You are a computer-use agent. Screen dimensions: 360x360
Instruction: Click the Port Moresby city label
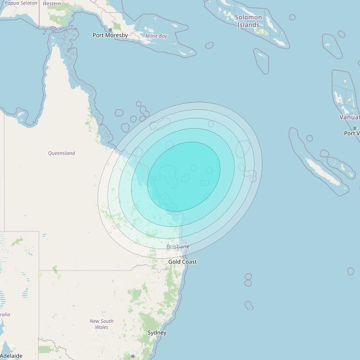[x=110, y=35]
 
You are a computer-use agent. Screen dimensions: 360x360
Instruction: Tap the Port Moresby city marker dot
[x=110, y=30]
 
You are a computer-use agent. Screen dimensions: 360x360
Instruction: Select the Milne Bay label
[x=156, y=36]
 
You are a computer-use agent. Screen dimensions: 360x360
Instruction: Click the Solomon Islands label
[x=249, y=21]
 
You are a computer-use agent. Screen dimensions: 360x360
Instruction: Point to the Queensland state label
[x=62, y=153]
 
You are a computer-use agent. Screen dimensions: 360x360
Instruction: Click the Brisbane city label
[x=178, y=247]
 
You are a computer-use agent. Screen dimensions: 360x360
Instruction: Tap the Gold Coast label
[x=183, y=262]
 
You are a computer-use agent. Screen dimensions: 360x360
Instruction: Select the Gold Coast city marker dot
[x=183, y=257]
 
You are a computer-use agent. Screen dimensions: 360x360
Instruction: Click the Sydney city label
[x=157, y=333]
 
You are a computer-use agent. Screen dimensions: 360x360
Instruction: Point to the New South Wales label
[x=102, y=324]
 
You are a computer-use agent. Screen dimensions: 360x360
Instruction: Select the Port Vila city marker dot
[x=355, y=128]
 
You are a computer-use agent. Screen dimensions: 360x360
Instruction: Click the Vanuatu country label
[x=350, y=117]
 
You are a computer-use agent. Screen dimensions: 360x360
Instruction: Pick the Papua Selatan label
[x=21, y=3]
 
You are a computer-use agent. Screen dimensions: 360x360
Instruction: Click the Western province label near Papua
[x=52, y=4]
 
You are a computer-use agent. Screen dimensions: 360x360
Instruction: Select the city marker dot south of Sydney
[x=133, y=356]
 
